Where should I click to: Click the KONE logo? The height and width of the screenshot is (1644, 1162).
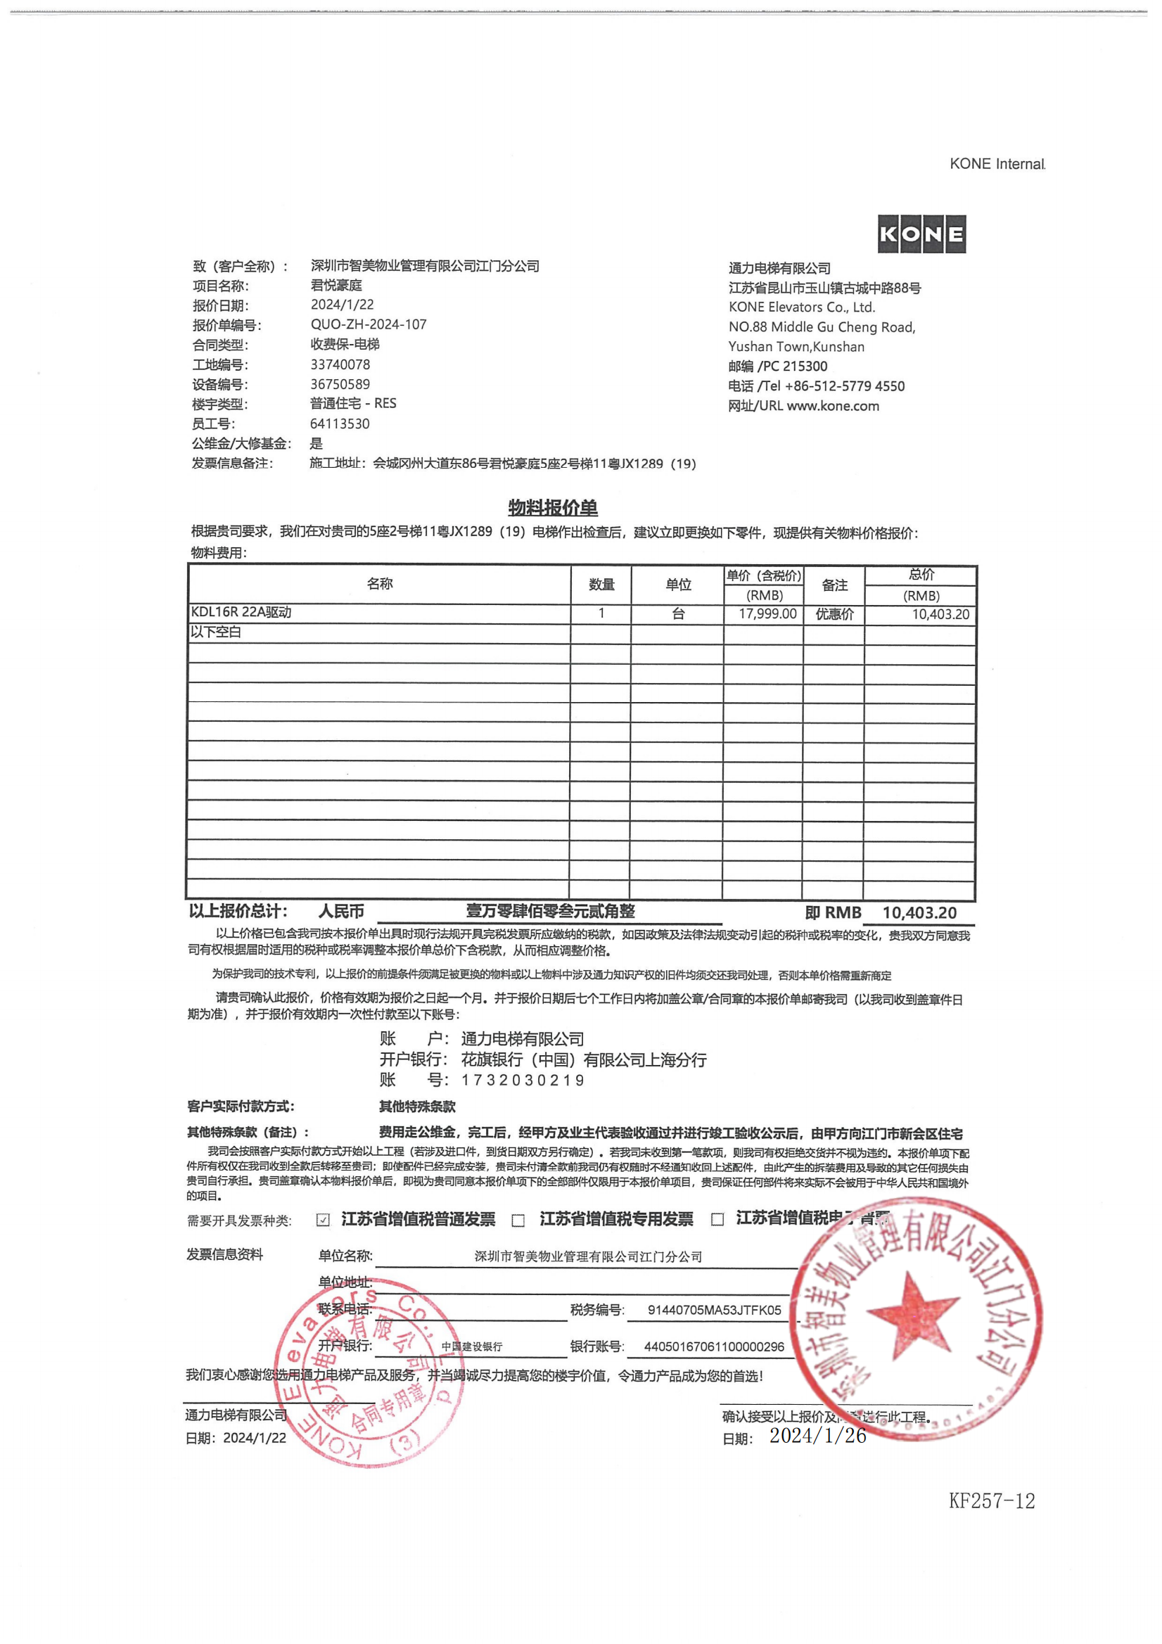921,234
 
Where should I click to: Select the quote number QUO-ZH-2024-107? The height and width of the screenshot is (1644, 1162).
368,324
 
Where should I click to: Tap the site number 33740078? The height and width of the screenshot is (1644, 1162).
340,364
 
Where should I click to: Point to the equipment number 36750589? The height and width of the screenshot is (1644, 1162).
340,385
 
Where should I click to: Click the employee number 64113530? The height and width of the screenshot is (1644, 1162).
340,424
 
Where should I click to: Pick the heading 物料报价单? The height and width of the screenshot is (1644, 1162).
553,508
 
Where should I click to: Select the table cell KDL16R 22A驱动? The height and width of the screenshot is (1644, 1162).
241,612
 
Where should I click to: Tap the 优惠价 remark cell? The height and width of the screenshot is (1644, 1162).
834,614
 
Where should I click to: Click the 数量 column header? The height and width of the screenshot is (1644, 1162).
601,585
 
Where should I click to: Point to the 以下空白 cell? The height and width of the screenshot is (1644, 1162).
215,632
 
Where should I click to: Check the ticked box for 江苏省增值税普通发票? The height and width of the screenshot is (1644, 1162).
323,1220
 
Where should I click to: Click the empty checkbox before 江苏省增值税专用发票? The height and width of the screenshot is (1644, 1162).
518,1220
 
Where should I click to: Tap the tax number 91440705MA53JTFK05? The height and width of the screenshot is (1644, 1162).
714,1311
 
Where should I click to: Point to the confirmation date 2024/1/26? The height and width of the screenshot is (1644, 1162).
817,1436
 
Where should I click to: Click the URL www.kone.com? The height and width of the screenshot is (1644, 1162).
833,406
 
